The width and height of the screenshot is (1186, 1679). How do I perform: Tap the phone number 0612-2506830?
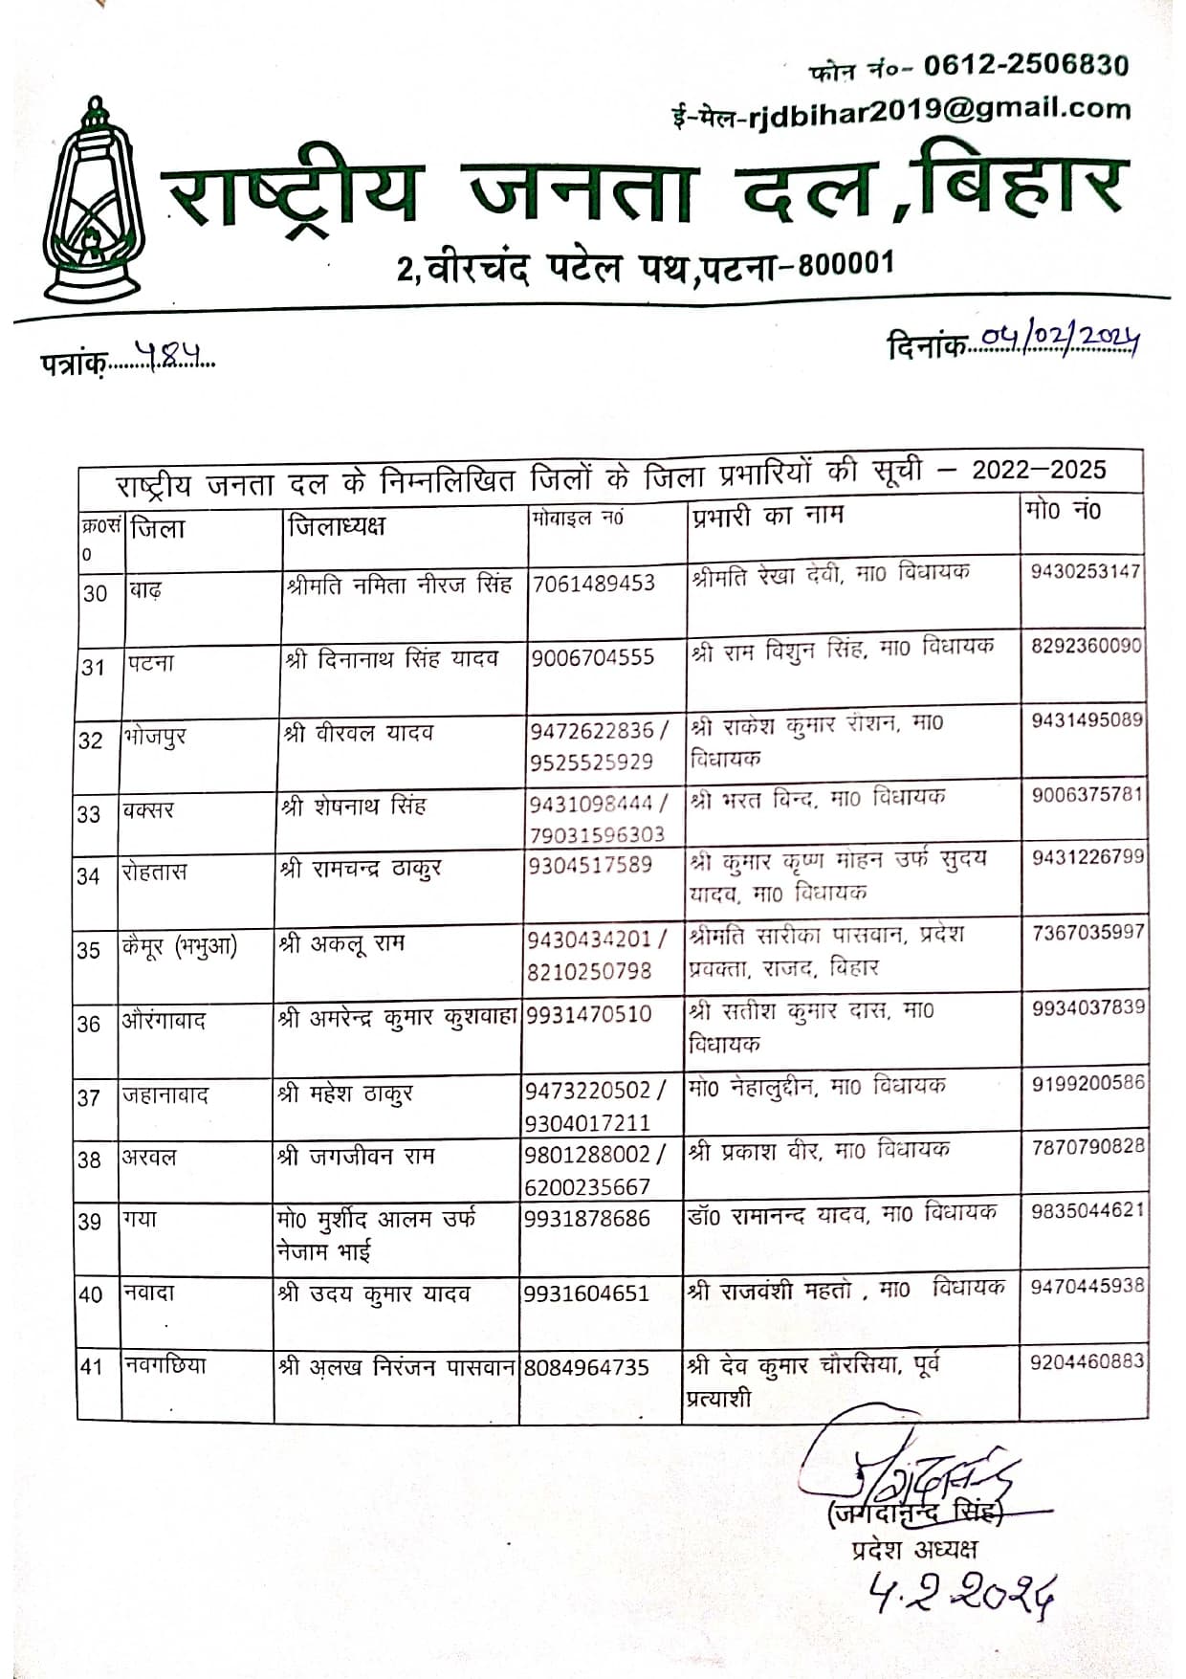(1025, 65)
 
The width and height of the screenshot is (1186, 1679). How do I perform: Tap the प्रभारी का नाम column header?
(766, 516)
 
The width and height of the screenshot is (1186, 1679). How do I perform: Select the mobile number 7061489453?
(594, 583)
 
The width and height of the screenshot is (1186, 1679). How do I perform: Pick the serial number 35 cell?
(89, 950)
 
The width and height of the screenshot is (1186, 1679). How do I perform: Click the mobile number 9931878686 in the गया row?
(586, 1219)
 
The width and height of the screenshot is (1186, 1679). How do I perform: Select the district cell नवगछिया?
(165, 1365)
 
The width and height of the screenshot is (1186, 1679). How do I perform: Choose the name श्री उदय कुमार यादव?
(374, 1293)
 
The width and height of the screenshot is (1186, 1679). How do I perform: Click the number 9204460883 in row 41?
(1087, 1360)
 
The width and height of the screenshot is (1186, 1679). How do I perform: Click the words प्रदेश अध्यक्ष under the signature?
(914, 1549)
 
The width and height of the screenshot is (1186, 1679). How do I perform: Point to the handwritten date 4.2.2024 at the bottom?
(961, 1593)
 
